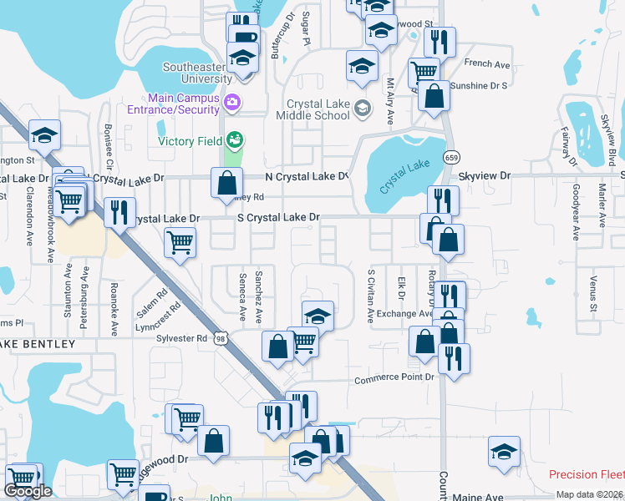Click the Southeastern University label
click(x=198, y=73)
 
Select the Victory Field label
click(x=191, y=141)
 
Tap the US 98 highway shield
click(x=220, y=337)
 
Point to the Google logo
click(x=28, y=491)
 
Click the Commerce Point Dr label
click(x=394, y=378)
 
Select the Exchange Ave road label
click(x=405, y=314)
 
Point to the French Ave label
click(x=487, y=63)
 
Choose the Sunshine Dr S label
click(x=479, y=85)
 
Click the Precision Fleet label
click(x=587, y=475)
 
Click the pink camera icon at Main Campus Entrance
click(x=232, y=103)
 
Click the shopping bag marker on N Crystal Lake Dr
click(x=227, y=183)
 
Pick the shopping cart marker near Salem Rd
click(x=180, y=243)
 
